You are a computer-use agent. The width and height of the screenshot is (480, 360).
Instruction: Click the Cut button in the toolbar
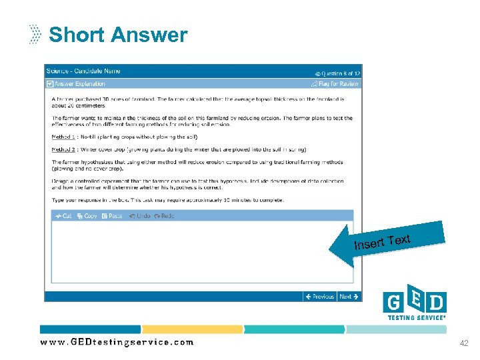click(64, 216)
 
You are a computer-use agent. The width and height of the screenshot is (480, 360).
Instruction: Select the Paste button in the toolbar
click(112, 216)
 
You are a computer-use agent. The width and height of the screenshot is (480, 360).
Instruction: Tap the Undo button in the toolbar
click(139, 216)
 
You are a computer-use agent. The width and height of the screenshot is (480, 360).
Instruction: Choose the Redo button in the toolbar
click(164, 216)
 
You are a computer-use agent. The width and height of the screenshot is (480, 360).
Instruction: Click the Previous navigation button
click(319, 297)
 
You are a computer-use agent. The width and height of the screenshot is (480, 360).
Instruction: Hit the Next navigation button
click(349, 297)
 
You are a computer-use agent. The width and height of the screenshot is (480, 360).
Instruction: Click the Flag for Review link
click(335, 84)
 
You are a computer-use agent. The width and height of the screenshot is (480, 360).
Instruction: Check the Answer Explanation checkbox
click(50, 84)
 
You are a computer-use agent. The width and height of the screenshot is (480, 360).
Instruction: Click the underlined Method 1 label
click(63, 137)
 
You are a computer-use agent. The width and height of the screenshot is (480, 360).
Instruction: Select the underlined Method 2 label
click(63, 149)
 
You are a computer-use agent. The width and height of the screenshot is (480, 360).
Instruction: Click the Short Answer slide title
click(118, 35)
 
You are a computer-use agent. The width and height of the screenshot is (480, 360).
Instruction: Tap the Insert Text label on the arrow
click(382, 242)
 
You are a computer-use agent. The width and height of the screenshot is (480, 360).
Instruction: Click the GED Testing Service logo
click(415, 304)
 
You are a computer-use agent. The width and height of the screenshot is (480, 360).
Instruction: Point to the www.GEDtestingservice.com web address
click(117, 342)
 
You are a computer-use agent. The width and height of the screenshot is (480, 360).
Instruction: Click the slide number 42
click(464, 343)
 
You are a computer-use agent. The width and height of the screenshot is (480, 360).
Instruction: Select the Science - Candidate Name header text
click(83, 71)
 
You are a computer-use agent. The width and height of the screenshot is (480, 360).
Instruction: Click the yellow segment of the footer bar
click(192, 329)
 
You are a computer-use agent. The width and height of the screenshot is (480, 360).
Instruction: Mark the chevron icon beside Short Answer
click(35, 34)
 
